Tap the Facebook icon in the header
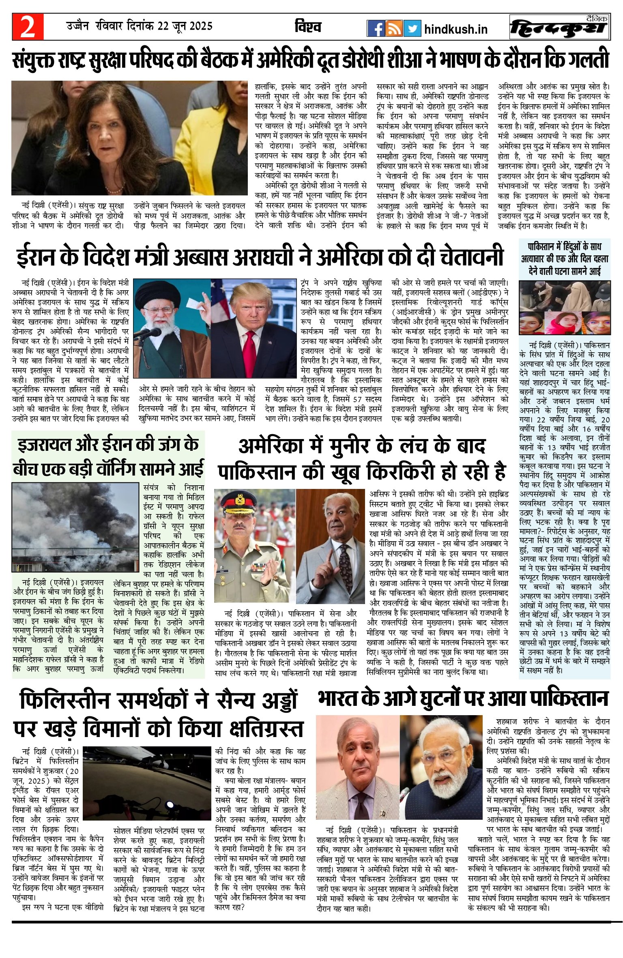[x=376, y=28]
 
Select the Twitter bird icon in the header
[x=412, y=28]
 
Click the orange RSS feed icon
[x=394, y=28]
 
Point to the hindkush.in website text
[x=455, y=29]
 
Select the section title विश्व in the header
[x=309, y=27]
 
